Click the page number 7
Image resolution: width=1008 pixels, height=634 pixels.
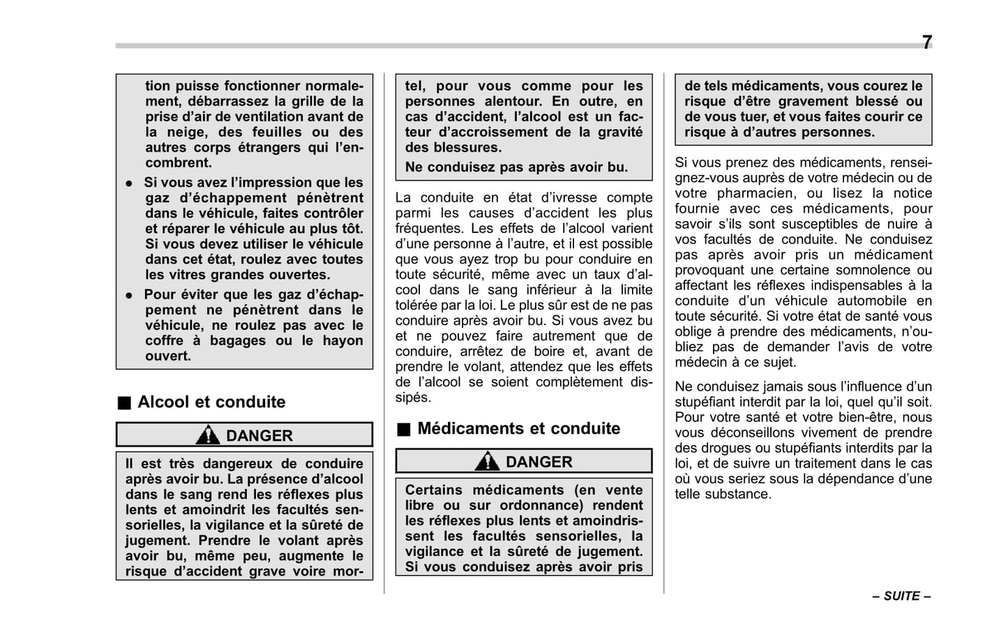pyautogui.click(x=926, y=43)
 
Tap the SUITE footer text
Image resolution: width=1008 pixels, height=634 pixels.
pyautogui.click(x=901, y=596)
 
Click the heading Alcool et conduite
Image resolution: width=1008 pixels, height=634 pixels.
pyautogui.click(x=211, y=402)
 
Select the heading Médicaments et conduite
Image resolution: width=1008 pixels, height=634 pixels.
pyautogui.click(x=518, y=429)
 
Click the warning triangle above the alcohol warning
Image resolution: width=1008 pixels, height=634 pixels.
pyautogui.click(x=207, y=436)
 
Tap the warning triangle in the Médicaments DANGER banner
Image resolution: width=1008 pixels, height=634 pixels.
pyautogui.click(x=487, y=462)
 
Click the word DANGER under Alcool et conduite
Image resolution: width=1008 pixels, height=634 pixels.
pyautogui.click(x=259, y=436)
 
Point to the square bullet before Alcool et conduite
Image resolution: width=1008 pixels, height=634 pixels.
pyautogui.click(x=124, y=403)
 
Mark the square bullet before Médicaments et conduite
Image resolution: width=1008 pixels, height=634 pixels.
pyautogui.click(x=404, y=430)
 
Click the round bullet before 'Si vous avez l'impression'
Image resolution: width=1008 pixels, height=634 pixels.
pyautogui.click(x=129, y=183)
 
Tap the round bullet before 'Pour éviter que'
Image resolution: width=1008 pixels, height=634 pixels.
pyautogui.click(x=129, y=296)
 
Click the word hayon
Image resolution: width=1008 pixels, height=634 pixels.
pyautogui.click(x=343, y=341)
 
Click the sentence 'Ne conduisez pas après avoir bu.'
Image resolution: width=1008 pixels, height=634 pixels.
pyautogui.click(x=516, y=167)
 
